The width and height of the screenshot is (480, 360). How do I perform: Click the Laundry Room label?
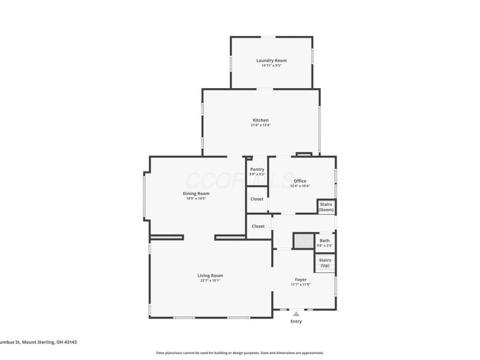point(271,61)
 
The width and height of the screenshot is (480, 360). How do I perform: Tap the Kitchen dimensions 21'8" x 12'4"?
point(260,125)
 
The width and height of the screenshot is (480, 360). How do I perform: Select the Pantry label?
point(257,169)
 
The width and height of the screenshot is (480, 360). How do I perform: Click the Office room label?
point(300,181)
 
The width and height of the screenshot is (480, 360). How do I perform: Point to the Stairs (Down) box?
point(326,207)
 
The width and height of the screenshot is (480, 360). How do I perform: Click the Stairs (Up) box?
point(324,263)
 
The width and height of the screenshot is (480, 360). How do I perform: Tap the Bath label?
point(324,241)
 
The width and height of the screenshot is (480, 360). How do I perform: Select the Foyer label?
point(300,280)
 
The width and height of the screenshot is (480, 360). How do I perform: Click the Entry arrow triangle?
point(296,313)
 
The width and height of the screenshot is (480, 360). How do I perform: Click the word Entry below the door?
point(296,322)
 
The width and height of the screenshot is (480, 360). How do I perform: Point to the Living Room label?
point(210,275)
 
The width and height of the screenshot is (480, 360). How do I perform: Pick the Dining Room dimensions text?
point(196,199)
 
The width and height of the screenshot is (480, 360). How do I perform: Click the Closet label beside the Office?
point(257,199)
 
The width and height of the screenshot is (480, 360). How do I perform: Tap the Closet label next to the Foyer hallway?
point(258,226)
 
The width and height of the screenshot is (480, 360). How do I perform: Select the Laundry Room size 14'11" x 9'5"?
point(271,65)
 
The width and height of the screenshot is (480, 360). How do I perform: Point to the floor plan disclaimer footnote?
point(240,353)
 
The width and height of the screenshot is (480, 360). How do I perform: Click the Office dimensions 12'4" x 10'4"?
point(300,186)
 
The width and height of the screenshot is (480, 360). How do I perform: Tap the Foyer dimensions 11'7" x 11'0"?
point(300,284)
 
